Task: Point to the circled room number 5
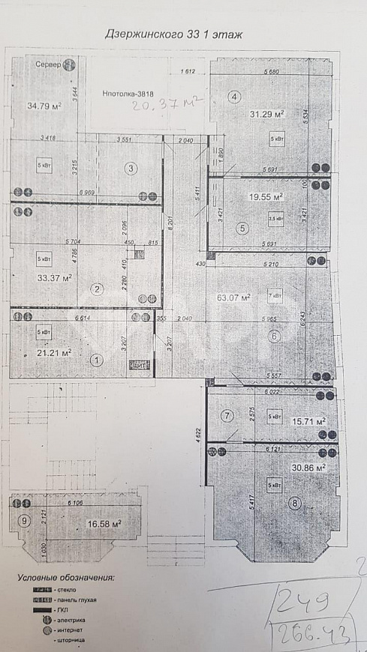[x=242, y=229]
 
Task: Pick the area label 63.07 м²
[x=233, y=297]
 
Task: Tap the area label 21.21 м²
[x=54, y=352]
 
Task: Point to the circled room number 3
[x=131, y=169]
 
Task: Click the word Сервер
[x=48, y=64]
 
